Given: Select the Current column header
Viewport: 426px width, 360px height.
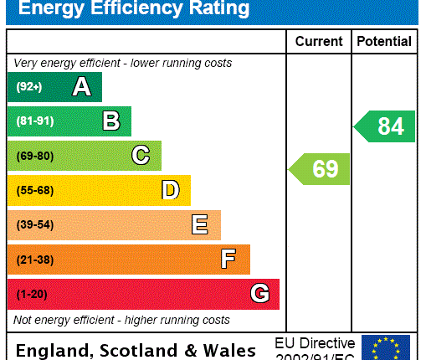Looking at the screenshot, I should (319, 41).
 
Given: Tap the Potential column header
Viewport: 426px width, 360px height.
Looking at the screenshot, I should (384, 41).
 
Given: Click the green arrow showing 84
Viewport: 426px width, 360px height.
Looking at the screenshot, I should (385, 126).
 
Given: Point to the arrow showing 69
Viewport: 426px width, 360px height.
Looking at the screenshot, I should (320, 169).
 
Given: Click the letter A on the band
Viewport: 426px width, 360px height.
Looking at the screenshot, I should (81, 87).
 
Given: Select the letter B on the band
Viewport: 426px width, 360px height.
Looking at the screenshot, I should (111, 121).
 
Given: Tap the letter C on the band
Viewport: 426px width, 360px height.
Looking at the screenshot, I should (141, 156).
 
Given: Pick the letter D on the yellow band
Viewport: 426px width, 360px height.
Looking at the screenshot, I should (170, 190).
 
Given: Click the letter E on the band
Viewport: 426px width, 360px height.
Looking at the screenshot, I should (200, 224).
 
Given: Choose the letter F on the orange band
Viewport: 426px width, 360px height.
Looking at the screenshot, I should (228, 260).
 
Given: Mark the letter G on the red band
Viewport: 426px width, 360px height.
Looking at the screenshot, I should (259, 294).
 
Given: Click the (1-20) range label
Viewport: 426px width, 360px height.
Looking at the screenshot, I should (31, 294).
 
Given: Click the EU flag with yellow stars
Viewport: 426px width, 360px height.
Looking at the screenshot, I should (386, 347).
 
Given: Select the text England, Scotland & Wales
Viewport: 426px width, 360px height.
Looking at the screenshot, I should (136, 350).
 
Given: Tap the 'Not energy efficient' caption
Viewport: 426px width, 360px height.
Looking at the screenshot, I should (121, 320).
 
